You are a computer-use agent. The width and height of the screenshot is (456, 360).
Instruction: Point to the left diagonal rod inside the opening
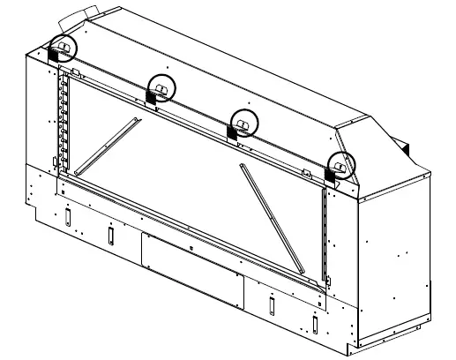(x=106, y=145)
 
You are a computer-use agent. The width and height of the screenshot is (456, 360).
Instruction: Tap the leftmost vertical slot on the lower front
(x=66, y=216)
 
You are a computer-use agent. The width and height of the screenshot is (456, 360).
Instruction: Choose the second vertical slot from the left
(x=110, y=234)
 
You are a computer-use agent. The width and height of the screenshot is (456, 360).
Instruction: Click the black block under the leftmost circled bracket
(x=53, y=56)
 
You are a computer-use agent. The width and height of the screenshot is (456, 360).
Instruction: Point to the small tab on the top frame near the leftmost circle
(x=75, y=69)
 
